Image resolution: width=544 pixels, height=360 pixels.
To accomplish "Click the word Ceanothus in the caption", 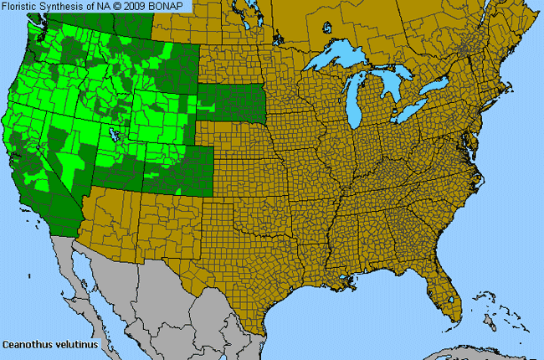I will point(24,343).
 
